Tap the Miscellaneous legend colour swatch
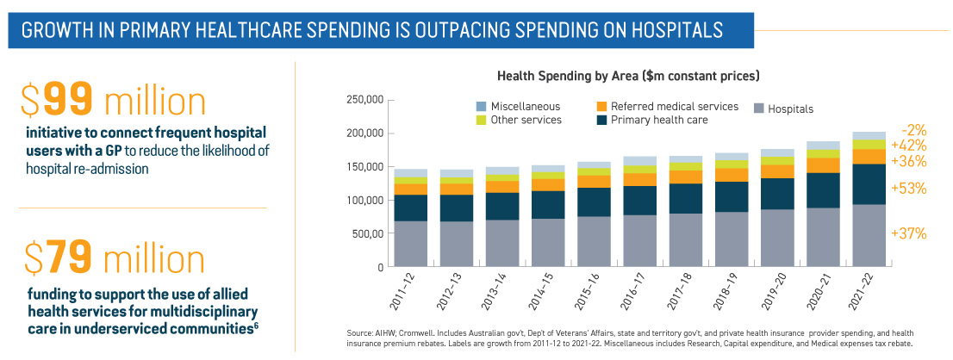[x=481, y=106]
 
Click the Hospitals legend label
[x=790, y=109]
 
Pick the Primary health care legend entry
[x=659, y=120]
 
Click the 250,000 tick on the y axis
[x=364, y=101]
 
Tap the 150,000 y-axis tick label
[x=364, y=167]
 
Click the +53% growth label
[x=909, y=189]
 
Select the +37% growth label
[x=909, y=233]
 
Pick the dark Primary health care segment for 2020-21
[x=823, y=190]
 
